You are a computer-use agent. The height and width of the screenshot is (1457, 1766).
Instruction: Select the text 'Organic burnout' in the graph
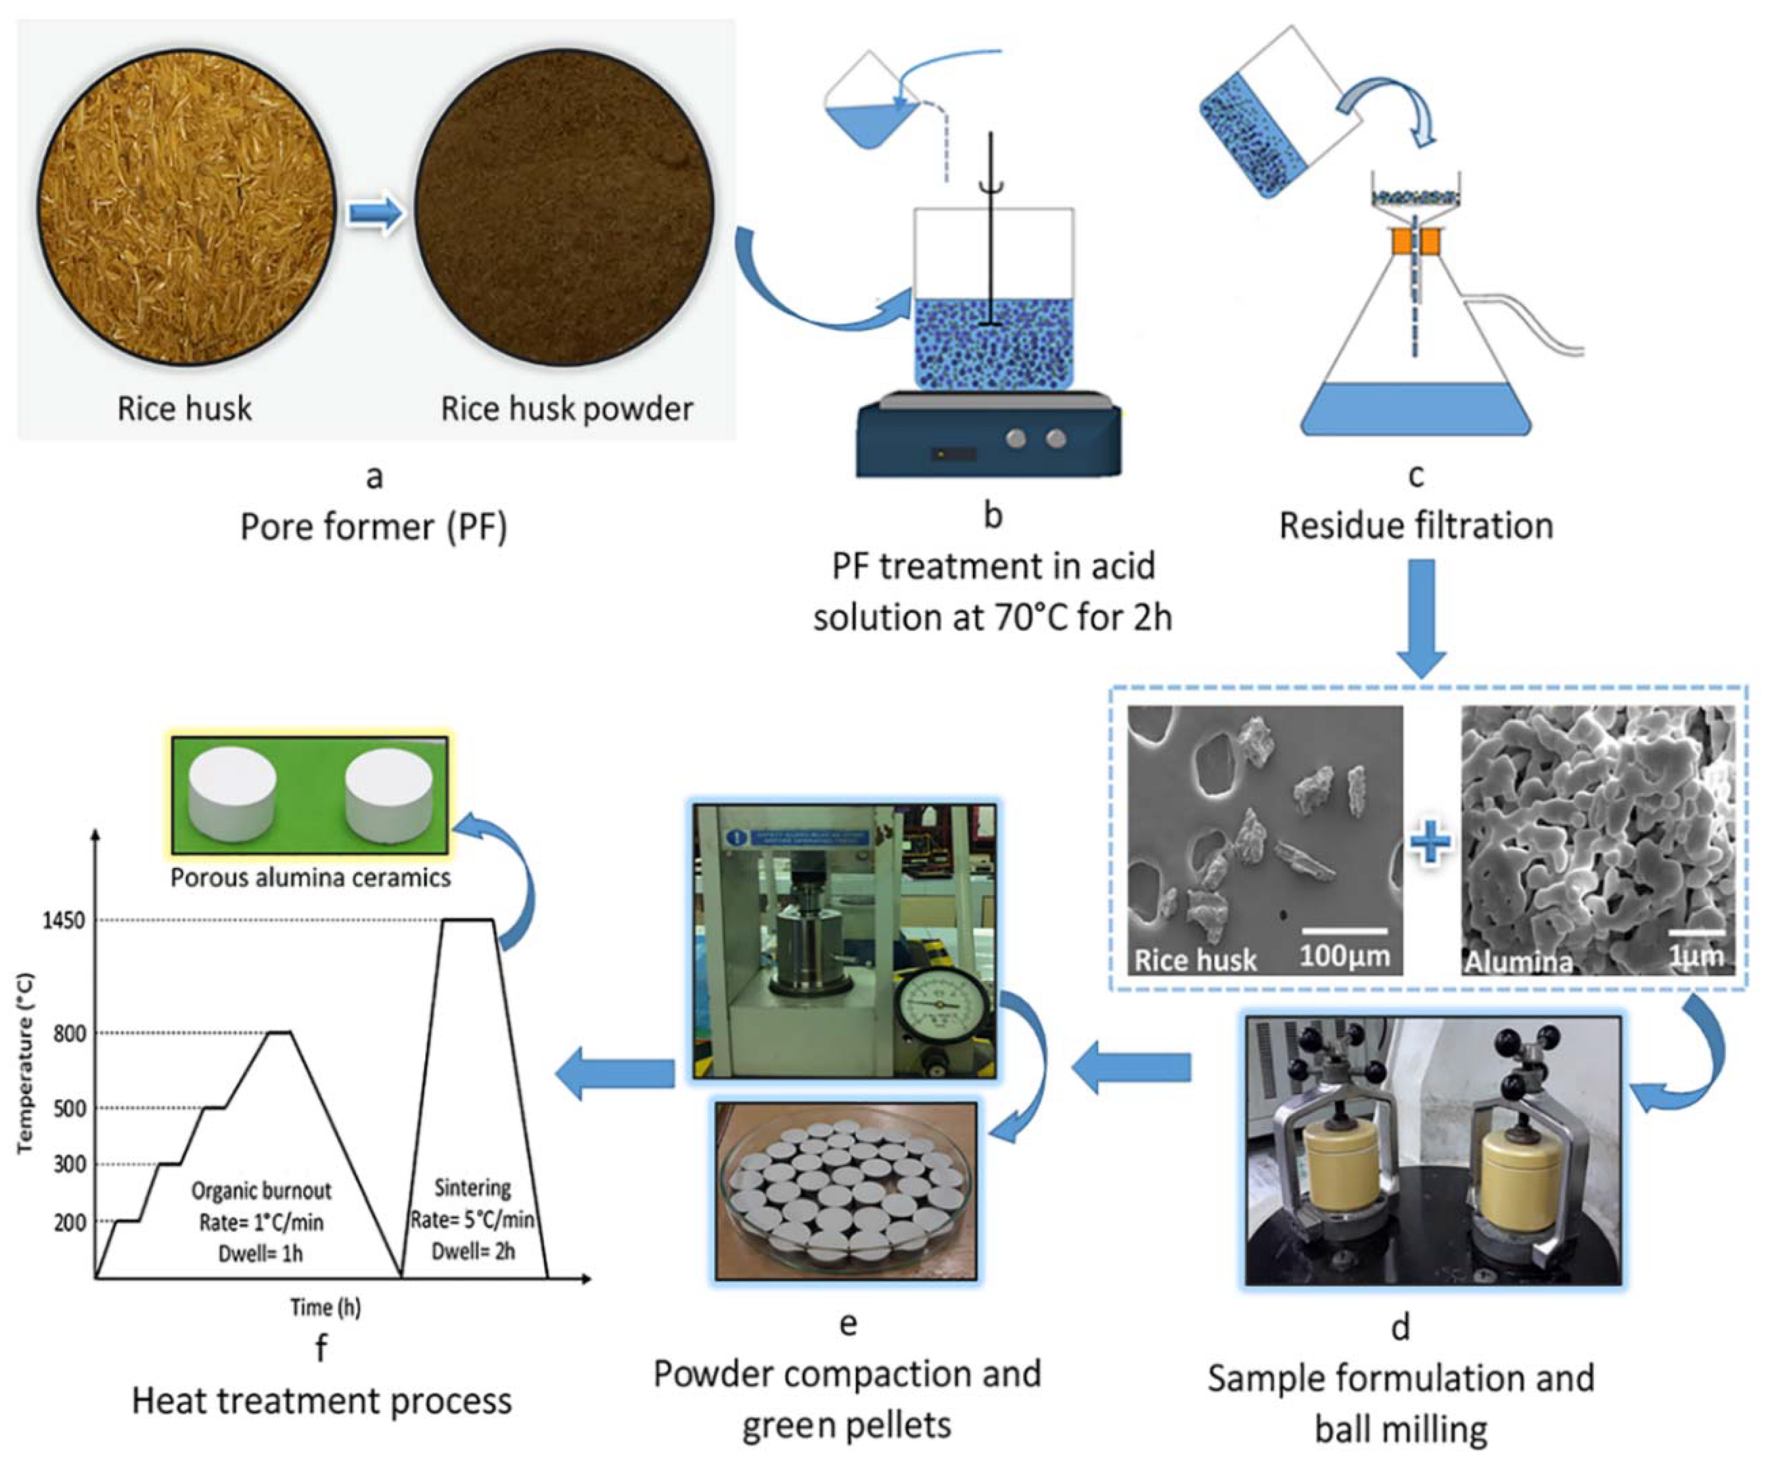[261, 1191]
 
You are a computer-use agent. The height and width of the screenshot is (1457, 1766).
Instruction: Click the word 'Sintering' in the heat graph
[473, 1188]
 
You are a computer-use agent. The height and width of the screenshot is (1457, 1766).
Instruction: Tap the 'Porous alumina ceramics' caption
[310, 878]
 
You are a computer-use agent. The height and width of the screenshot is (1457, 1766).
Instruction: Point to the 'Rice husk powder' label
[568, 409]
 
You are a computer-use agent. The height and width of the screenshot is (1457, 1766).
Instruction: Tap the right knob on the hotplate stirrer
[1057, 438]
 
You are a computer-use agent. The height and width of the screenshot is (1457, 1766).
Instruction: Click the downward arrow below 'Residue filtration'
[1420, 617]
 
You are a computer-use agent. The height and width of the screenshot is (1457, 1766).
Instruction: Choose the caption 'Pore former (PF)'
[374, 527]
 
